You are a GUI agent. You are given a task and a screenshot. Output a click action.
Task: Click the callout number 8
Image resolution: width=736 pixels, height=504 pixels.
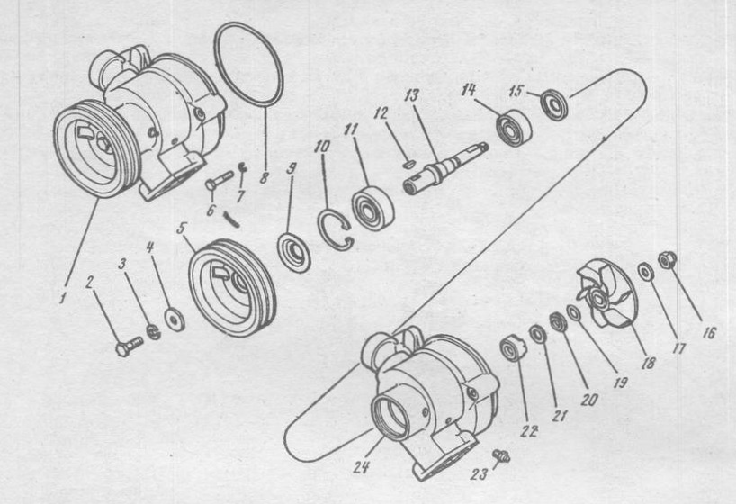264,178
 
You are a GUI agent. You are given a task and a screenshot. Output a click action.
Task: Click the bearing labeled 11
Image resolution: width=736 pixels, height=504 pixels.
372,208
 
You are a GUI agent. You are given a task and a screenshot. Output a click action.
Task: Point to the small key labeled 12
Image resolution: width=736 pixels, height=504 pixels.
408,165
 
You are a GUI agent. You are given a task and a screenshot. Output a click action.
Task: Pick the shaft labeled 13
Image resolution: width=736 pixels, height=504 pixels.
445,166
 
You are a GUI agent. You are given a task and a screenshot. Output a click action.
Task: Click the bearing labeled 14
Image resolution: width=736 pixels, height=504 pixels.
514,128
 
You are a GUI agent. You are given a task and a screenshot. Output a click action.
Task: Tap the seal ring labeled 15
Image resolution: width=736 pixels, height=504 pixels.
554,105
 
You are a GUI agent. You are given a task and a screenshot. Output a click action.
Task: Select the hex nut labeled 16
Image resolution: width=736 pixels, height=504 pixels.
666,260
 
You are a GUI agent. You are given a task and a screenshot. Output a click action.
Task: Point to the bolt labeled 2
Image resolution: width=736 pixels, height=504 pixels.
128,346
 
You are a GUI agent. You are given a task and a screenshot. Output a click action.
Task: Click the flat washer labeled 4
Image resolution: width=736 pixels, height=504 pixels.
175,320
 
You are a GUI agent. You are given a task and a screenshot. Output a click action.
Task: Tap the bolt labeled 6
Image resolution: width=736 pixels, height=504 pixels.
219,179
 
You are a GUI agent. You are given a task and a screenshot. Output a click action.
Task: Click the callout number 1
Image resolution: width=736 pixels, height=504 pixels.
61,297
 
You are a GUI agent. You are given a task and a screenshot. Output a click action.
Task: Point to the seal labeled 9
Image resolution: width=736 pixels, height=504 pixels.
293,254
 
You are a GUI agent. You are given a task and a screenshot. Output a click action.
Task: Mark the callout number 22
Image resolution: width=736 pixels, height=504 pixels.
528,431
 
